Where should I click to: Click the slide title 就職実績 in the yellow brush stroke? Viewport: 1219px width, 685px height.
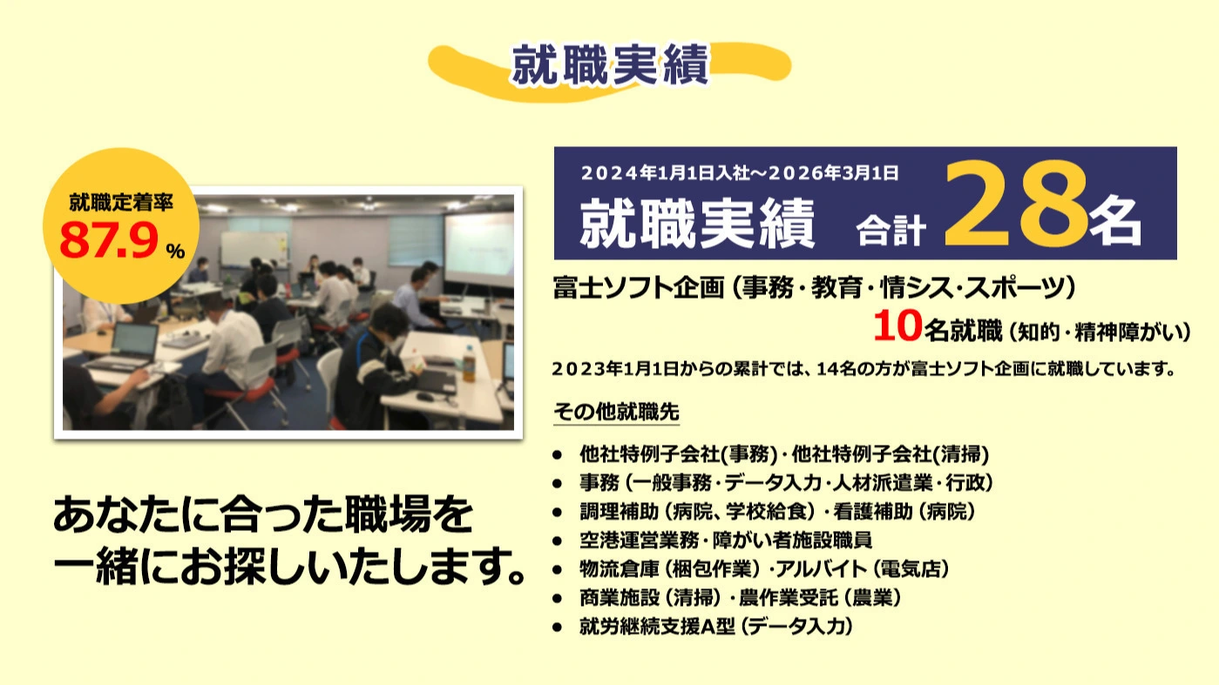coord(610,67)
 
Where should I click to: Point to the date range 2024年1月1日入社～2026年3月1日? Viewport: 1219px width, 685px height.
coord(739,172)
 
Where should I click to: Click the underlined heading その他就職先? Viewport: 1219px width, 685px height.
coord(616,413)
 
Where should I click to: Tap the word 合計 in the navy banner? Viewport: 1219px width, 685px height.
coord(888,229)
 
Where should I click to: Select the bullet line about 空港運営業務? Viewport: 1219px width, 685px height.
coord(725,541)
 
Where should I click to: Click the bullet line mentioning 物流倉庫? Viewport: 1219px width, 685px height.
coord(763,569)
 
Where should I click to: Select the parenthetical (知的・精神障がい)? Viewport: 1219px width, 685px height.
coord(1099,332)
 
